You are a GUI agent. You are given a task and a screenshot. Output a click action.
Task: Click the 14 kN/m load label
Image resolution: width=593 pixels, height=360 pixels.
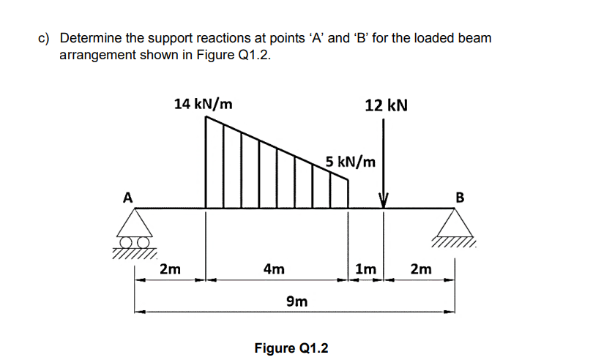point(204,104)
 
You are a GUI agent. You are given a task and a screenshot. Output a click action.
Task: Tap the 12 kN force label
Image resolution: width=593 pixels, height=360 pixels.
point(386,105)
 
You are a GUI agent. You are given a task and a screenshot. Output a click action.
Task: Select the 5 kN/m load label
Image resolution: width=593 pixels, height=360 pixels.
point(351,161)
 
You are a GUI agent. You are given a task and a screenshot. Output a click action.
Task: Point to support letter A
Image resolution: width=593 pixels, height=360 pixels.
point(128,197)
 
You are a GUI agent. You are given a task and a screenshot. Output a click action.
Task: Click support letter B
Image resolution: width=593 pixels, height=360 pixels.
point(460,197)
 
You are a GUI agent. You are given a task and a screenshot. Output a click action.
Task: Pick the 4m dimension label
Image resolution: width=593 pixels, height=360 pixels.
point(274,269)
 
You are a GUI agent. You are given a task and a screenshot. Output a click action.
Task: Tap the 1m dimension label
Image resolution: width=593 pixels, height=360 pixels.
point(365,269)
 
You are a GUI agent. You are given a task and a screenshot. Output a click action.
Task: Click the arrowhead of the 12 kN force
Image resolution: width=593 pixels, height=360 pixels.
point(382,201)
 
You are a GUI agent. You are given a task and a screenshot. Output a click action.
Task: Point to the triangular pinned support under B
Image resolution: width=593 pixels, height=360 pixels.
point(458,222)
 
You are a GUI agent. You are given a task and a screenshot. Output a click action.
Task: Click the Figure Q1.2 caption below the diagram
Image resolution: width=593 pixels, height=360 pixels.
point(291,348)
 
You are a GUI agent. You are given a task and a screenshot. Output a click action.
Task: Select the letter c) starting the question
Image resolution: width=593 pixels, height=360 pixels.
point(43,37)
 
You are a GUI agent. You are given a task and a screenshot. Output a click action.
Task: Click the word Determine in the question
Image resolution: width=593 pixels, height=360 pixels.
point(92,37)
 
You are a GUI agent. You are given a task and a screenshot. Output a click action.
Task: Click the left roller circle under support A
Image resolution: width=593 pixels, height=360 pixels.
point(127,241)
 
